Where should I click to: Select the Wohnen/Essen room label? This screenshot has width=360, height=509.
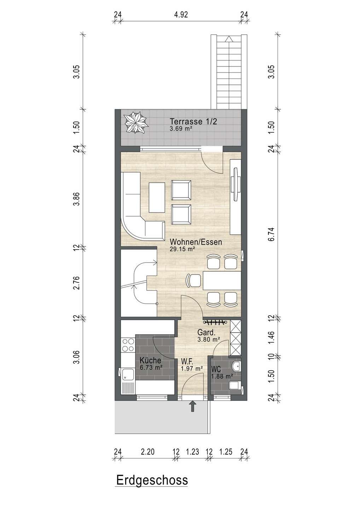coord(196,242)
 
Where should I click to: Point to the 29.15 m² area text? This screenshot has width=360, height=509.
coord(182,249)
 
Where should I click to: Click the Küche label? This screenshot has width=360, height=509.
coord(150,360)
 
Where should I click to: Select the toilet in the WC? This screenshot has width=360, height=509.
coord(234,385)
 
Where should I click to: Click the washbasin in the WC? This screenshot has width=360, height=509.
coord(237,365)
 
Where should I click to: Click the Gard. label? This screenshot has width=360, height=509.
coord(206,332)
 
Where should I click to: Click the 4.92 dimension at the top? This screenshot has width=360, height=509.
coord(181,14)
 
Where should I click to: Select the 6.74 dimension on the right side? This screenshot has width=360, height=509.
coord(272,234)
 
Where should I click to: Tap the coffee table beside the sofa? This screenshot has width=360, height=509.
coord(157,198)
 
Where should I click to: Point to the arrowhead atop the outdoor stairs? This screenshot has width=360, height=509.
coord(229,39)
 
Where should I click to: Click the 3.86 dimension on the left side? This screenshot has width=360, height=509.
coord(78,199)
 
